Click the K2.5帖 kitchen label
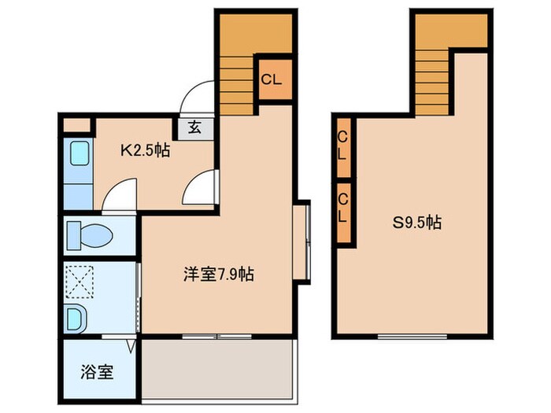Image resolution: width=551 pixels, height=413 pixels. click(x=144, y=149)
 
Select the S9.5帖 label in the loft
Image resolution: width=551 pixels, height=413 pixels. click(x=416, y=223)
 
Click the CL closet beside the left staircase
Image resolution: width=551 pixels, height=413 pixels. click(x=272, y=79)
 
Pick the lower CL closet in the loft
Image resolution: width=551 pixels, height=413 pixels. click(x=342, y=212)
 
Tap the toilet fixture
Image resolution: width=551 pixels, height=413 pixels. click(x=88, y=234)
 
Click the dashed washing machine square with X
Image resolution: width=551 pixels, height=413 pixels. click(x=80, y=281)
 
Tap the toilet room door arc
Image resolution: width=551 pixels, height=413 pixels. click(x=120, y=196)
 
